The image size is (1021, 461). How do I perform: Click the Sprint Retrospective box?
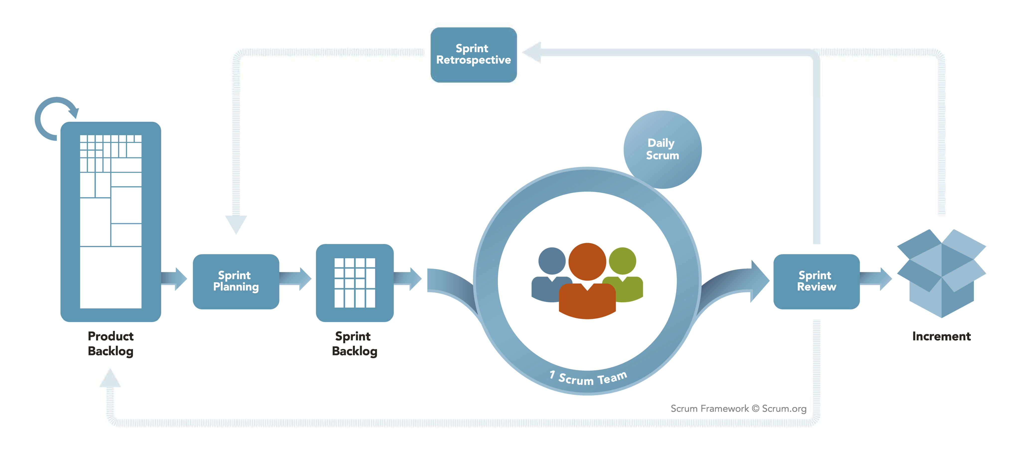tap(473, 55)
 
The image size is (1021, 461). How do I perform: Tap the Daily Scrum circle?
tap(662, 149)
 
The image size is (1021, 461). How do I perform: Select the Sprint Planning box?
tap(236, 281)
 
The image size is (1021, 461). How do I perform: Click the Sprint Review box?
tap(816, 281)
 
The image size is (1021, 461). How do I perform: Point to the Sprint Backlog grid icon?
tap(354, 282)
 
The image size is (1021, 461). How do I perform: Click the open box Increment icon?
tap(941, 273)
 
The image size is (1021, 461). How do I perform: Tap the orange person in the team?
tap(587, 281)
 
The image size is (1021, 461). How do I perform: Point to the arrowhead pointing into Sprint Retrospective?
tap(532, 52)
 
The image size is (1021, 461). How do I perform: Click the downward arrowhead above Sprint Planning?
tap(236, 224)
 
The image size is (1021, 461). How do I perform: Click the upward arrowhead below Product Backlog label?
tap(110, 378)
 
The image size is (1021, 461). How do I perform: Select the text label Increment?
tap(941, 336)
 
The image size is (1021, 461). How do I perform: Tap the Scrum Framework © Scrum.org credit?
tap(738, 408)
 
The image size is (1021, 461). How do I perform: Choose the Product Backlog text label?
tap(111, 343)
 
